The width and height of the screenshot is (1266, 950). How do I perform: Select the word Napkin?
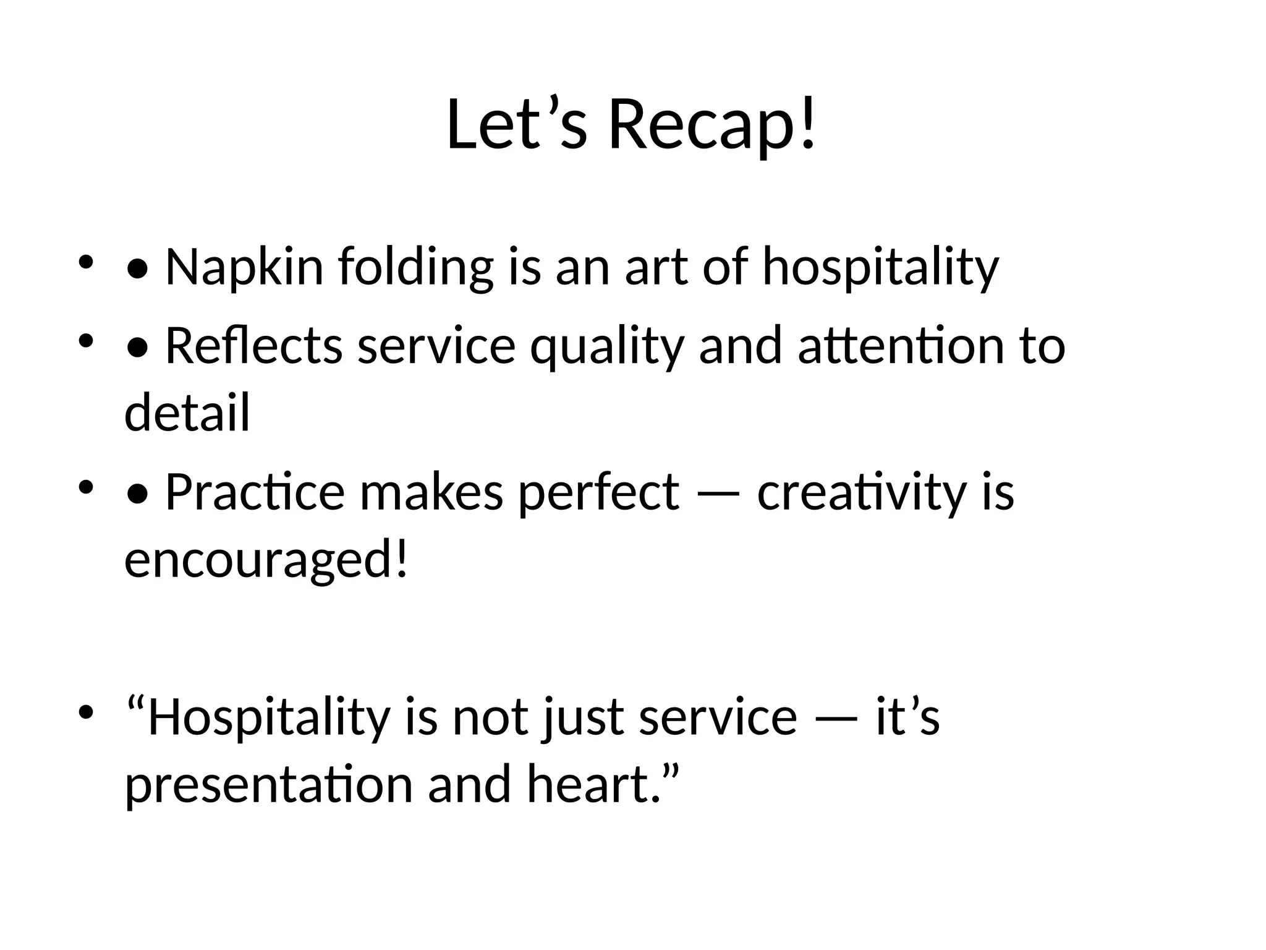244,267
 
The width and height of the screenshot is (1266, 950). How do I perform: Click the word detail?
187,412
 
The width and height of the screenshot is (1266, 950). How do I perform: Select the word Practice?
255,492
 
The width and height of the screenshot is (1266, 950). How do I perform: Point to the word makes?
431,492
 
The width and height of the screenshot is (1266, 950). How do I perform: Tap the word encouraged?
266,560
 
